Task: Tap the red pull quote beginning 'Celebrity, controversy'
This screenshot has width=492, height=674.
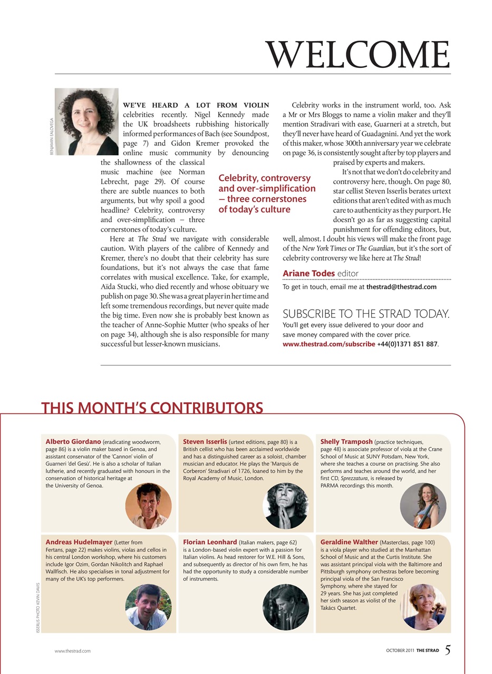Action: (x=267, y=194)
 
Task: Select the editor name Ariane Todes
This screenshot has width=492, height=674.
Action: (x=309, y=273)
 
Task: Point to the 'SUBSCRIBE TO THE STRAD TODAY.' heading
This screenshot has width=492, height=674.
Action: (x=366, y=314)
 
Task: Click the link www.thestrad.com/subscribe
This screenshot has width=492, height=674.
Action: (x=329, y=344)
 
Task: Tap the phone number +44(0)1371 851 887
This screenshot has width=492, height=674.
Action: (x=407, y=344)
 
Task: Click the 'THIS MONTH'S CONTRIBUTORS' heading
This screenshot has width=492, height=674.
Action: (x=152, y=408)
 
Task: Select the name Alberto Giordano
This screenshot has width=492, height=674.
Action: (x=73, y=441)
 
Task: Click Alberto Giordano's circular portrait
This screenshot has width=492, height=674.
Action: (x=148, y=506)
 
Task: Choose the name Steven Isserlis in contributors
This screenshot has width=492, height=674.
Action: (x=205, y=441)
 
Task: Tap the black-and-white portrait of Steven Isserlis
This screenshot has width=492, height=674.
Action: (x=285, y=506)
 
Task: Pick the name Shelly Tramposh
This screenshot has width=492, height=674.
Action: (x=346, y=441)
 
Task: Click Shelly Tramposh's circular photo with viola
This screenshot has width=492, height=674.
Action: (x=423, y=506)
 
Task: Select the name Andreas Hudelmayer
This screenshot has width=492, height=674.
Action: (x=79, y=541)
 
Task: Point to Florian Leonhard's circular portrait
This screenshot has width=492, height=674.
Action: (x=285, y=607)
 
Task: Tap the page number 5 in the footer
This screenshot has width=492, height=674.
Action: (x=447, y=650)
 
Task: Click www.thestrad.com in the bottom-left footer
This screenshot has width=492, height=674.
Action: (x=73, y=651)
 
